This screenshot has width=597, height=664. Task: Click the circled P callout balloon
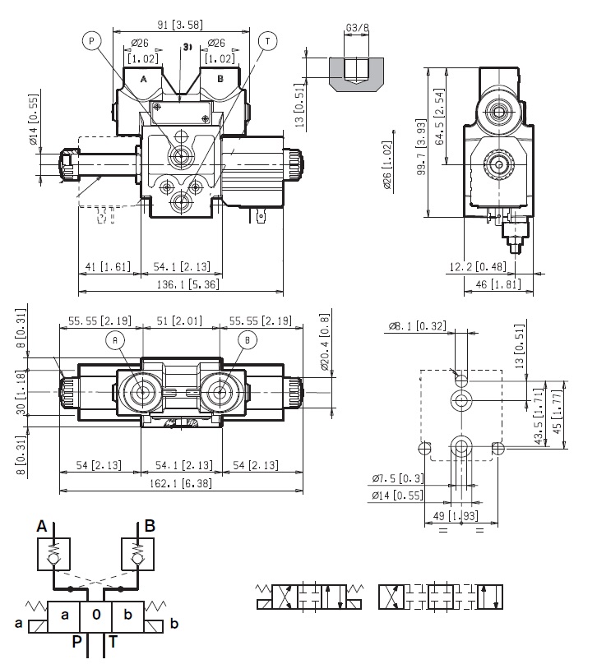[x=91, y=39]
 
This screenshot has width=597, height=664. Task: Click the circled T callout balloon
[x=266, y=39]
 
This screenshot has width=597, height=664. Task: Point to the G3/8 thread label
[x=357, y=28]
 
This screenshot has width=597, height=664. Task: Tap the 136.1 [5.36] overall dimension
[x=178, y=285]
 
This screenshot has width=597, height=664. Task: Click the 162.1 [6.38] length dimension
[x=181, y=486]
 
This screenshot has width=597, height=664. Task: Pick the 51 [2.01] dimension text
[x=181, y=320]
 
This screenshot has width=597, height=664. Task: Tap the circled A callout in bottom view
[x=115, y=340]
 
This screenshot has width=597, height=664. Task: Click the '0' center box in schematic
[x=96, y=614]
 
